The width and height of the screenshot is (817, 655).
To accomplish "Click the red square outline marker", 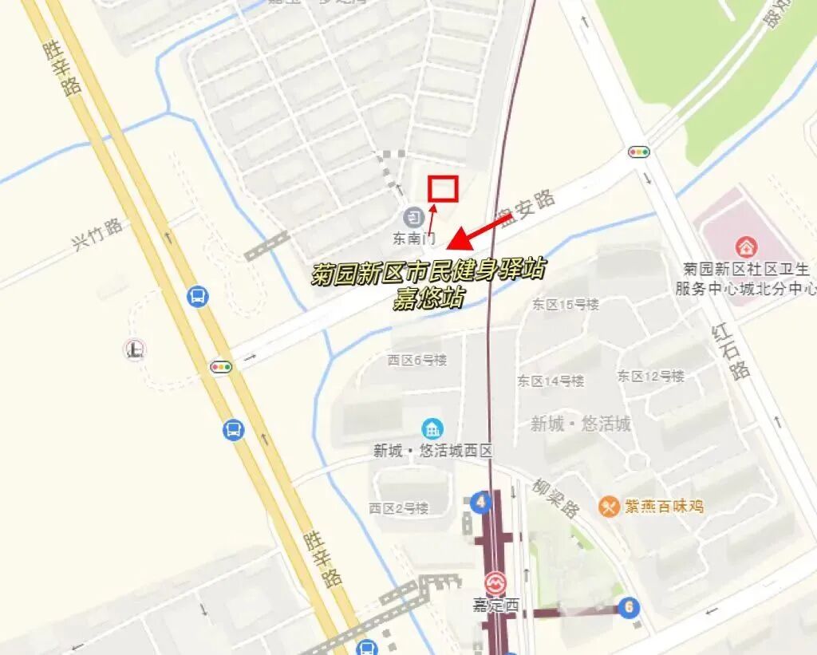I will click(x=441, y=188).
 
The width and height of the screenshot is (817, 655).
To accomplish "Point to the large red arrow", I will click(x=479, y=231).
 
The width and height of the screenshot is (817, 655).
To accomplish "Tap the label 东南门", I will click(x=413, y=238).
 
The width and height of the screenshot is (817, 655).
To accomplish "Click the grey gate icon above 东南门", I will click(x=413, y=215).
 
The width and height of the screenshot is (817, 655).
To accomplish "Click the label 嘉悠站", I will click(x=428, y=298).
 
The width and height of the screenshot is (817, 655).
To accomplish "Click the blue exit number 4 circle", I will click(x=480, y=503).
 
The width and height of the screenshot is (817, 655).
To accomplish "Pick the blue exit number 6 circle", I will click(x=629, y=608).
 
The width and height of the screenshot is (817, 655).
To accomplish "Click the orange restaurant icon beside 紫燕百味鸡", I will click(x=610, y=506).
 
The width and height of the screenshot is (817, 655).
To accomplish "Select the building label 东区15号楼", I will click(x=565, y=305).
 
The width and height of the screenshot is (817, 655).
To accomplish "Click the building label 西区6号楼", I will click(x=417, y=360).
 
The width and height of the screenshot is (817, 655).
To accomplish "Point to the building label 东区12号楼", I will click(x=650, y=376).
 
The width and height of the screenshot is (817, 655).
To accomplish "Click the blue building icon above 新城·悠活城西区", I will click(x=433, y=428).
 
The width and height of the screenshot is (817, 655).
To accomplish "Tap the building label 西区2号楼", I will click(x=398, y=508).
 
